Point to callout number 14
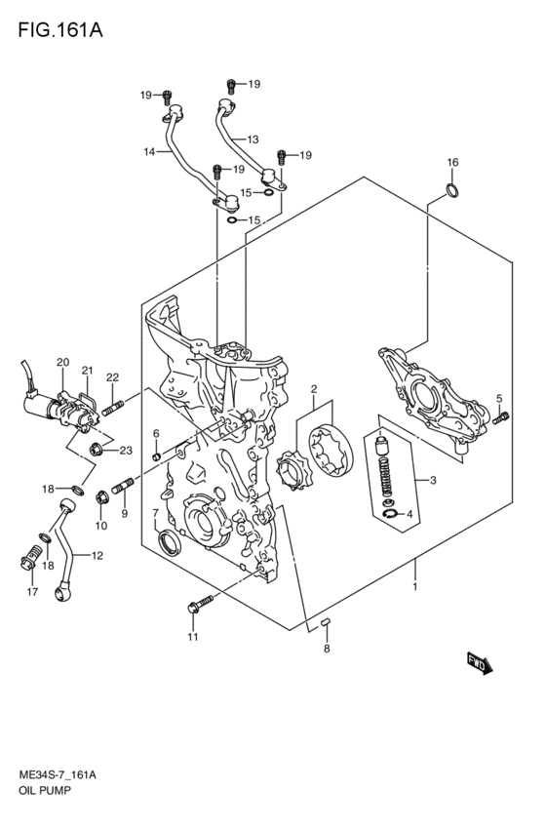click(x=149, y=151)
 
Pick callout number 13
click(x=253, y=138)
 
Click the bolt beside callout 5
click(x=502, y=418)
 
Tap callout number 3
click(x=421, y=479)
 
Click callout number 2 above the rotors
click(x=314, y=390)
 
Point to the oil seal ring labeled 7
click(x=168, y=541)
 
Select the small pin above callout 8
click(x=328, y=621)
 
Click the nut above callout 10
click(x=101, y=501)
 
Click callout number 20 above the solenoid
click(x=62, y=363)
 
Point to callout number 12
click(x=97, y=556)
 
